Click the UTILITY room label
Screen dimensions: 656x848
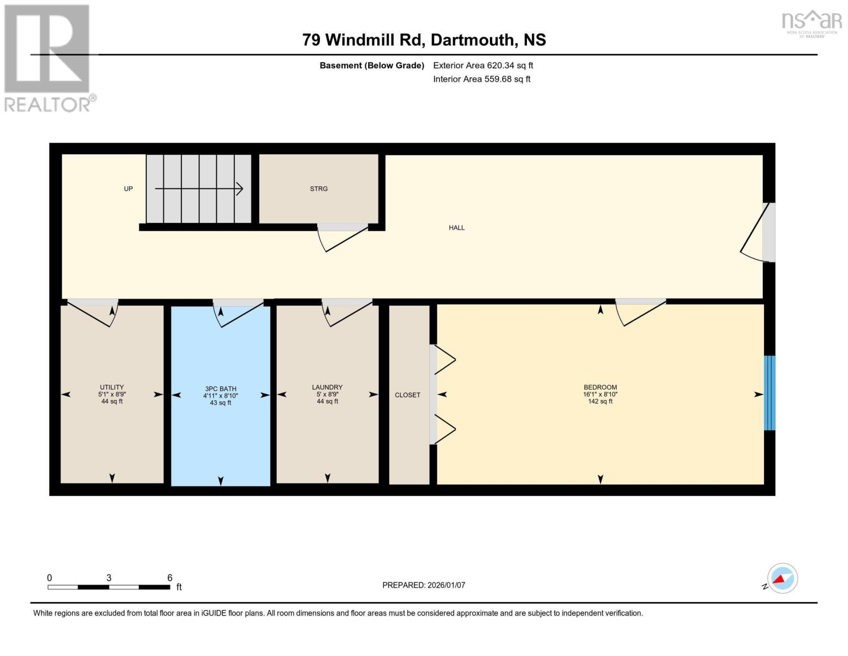(x=112, y=387)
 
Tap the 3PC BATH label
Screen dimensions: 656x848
(x=221, y=389)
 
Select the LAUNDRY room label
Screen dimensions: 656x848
(x=327, y=387)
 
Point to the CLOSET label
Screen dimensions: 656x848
(x=407, y=395)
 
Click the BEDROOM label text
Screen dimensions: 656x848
(x=600, y=387)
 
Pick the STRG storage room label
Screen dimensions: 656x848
(x=319, y=189)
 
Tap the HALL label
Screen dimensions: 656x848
(x=456, y=227)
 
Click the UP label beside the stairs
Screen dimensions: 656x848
(x=128, y=189)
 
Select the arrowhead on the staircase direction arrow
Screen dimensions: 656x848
(x=239, y=189)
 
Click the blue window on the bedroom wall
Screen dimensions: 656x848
(x=769, y=393)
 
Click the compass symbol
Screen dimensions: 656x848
(x=782, y=578)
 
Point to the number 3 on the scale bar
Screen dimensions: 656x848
(x=109, y=578)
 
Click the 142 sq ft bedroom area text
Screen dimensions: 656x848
(x=600, y=401)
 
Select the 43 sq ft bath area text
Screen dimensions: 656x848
(x=221, y=403)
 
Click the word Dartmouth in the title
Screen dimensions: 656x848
(x=472, y=40)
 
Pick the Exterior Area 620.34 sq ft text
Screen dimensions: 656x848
(x=483, y=65)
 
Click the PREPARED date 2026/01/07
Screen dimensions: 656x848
(x=446, y=585)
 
